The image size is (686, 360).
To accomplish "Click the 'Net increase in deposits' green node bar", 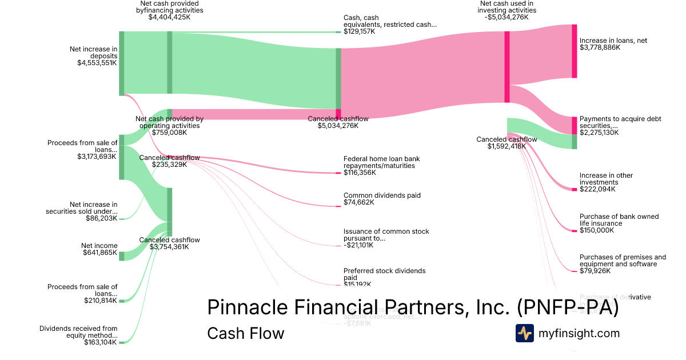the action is point(121,63).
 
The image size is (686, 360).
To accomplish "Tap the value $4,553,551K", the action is point(97,63).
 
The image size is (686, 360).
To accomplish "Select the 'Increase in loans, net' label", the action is point(613,41).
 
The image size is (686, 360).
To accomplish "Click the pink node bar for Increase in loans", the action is point(575,51).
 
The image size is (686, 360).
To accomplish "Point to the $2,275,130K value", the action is point(600,133).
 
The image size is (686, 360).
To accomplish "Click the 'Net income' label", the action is point(99,246).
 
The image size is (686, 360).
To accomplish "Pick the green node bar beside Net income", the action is point(121,256).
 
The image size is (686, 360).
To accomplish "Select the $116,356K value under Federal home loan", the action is point(360,173).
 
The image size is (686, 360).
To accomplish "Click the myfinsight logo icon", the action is point(524,333).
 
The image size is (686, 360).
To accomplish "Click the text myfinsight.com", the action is point(579,333).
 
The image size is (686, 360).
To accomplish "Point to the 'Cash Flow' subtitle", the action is point(245,333).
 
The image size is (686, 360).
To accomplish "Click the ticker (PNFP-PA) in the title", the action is point(567,307).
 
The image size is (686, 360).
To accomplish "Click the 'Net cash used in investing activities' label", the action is point(508,7).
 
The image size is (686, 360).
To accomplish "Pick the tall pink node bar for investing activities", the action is point(507,67).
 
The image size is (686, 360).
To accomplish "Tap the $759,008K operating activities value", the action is point(169,133).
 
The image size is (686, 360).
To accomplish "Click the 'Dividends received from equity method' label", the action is point(78,332).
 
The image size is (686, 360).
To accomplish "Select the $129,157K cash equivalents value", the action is point(360,31).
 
